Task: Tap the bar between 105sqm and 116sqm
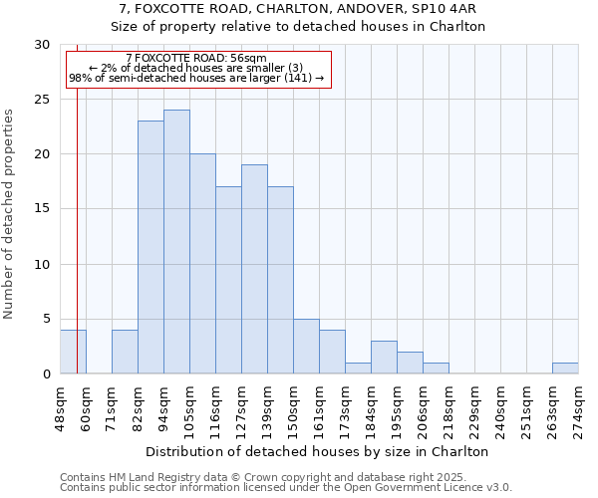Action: tap(202, 264)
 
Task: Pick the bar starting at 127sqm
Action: tap(254, 269)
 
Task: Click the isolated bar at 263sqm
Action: tap(565, 368)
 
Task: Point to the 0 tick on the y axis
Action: tap(46, 373)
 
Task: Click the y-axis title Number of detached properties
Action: tap(10, 215)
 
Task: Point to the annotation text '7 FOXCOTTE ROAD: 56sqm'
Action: tap(196, 59)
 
